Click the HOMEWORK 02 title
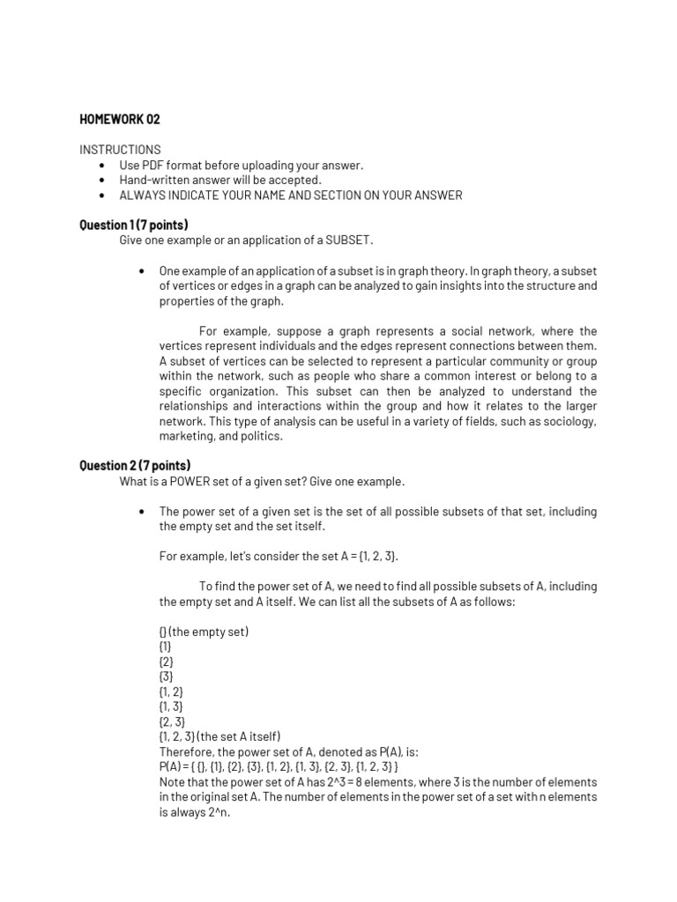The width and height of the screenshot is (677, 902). (120, 119)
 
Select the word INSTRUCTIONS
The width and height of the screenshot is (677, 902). (120, 150)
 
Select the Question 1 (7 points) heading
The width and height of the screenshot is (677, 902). (134, 225)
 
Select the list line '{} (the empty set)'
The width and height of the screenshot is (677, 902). (204, 632)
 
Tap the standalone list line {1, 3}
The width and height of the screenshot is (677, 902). (171, 706)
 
